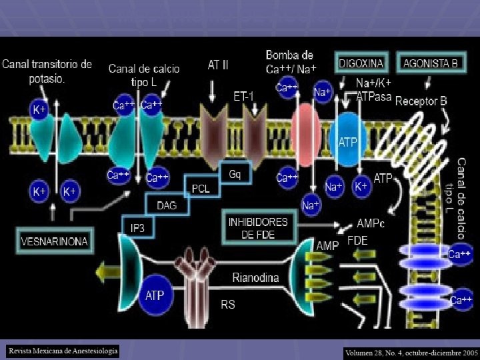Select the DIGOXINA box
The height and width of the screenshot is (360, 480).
[361, 63]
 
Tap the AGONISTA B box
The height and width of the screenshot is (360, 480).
[431, 63]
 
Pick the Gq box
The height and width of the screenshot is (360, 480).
[235, 174]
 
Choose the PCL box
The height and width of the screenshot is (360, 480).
[200, 189]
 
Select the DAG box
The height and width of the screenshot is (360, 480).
[167, 205]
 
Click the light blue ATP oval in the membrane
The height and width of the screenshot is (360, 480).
[347, 141]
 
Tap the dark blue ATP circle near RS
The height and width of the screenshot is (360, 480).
[154, 295]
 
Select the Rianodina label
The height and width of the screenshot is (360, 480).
[255, 278]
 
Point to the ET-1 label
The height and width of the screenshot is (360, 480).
[244, 96]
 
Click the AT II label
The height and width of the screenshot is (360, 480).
[218, 65]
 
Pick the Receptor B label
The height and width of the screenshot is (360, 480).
[421, 101]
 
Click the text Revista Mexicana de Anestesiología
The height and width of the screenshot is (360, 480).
[63, 350]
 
